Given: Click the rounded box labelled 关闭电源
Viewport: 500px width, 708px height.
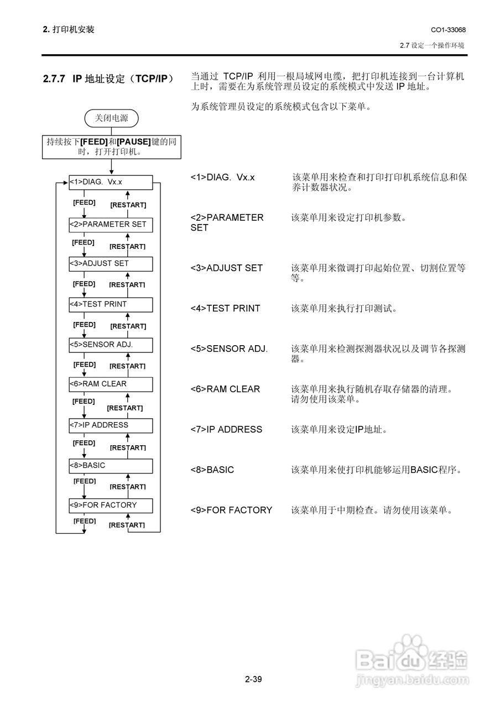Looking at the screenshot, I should tap(111, 118).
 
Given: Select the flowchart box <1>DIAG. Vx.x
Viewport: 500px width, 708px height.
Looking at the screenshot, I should tap(110, 183).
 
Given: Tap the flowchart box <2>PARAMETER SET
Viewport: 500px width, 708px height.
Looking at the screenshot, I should tap(110, 225).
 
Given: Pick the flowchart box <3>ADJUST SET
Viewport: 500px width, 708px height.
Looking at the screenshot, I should tap(110, 264).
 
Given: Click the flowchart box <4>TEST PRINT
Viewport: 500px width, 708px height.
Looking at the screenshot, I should tap(110, 304).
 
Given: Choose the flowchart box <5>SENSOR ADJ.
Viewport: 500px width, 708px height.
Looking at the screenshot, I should tap(110, 345).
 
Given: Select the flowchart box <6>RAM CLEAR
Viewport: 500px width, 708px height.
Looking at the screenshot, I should tap(110, 384).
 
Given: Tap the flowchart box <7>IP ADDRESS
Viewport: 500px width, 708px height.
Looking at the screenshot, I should tap(110, 425).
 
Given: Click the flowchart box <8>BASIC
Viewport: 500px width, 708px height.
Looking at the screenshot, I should tap(110, 466).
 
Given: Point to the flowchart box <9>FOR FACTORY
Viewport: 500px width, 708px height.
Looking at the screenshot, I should tap(110, 505).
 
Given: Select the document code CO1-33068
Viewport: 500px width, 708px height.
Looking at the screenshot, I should tap(448, 29).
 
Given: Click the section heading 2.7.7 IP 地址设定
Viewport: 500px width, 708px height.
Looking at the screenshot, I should tap(108, 79).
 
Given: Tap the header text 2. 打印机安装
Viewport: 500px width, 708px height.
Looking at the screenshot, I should tap(68, 29).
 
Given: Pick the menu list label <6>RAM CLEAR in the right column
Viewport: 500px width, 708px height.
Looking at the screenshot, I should tap(225, 389).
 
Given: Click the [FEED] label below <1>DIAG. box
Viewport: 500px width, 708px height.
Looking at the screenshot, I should tap(85, 202).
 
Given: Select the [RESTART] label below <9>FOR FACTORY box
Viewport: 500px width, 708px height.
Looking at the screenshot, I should tap(127, 525).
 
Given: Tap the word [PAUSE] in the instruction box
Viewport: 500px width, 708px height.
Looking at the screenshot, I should tap(134, 142).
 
